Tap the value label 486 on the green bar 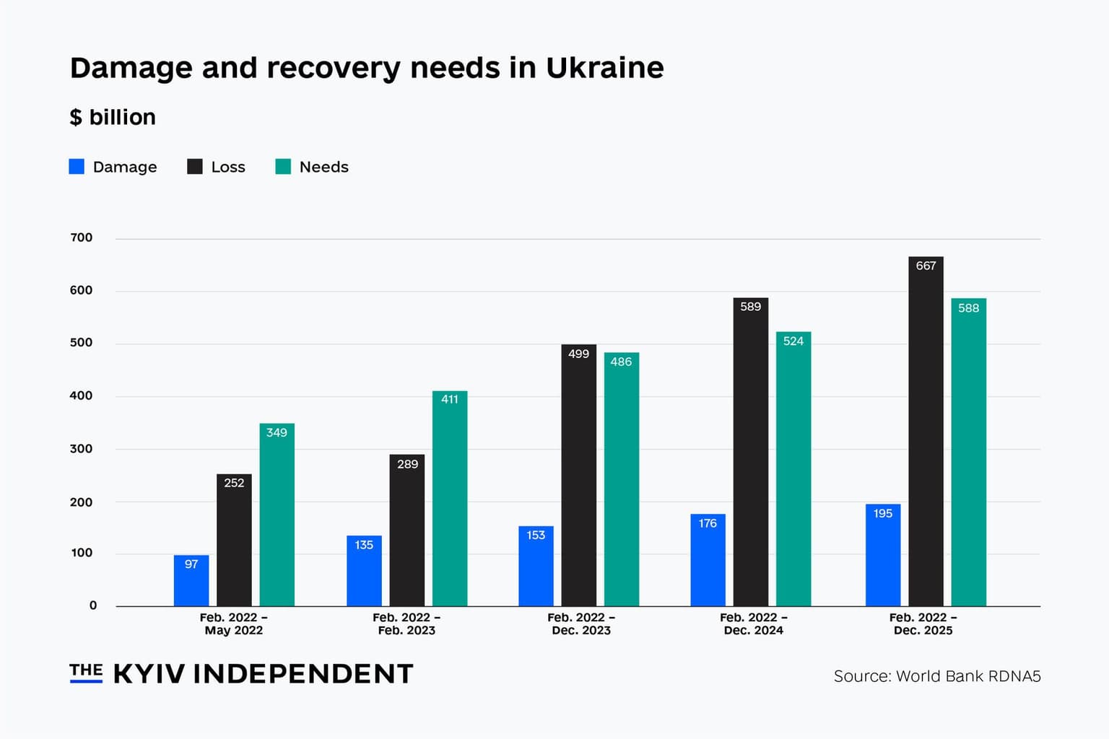pyautogui.click(x=621, y=362)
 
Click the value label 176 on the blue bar pyautogui.click(x=708, y=523)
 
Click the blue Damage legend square pyautogui.click(x=77, y=167)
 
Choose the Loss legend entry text pyautogui.click(x=228, y=167)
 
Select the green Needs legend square pyautogui.click(x=283, y=167)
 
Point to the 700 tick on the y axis pyautogui.click(x=82, y=237)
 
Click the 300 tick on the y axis pyautogui.click(x=82, y=448)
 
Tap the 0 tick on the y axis pyautogui.click(x=92, y=605)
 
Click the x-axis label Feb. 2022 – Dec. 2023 pyautogui.click(x=581, y=624)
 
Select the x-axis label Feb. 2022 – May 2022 pyautogui.click(x=234, y=624)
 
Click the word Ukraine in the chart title pyautogui.click(x=604, y=68)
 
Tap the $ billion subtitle pyautogui.click(x=113, y=117)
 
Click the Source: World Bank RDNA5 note pyautogui.click(x=936, y=676)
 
